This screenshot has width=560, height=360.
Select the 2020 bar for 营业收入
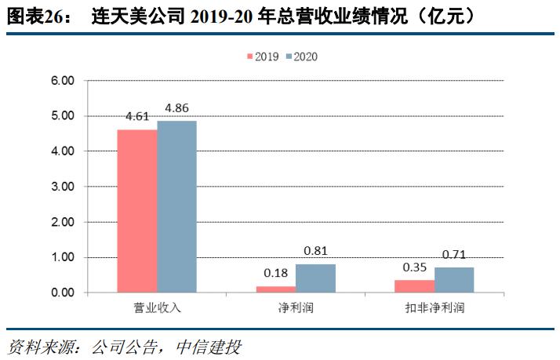tap(176, 206)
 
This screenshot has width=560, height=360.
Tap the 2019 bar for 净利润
tap(276, 289)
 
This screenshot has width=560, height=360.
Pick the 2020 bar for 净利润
tap(315, 278)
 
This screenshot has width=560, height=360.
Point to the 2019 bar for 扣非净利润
tap(414, 286)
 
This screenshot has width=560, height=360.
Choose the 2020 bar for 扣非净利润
tap(453, 280)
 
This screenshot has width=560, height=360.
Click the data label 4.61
tap(137, 116)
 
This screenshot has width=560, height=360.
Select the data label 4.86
tap(176, 107)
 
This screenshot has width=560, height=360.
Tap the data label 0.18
tap(276, 273)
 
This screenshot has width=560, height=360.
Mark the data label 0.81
tap(315, 251)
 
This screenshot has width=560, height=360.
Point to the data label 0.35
tap(414, 267)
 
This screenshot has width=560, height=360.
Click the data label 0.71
tap(453, 254)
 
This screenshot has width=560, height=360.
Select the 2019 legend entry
tap(264, 56)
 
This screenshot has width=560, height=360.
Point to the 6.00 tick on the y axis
tap(63, 80)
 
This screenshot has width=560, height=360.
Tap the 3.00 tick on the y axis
tap(63, 187)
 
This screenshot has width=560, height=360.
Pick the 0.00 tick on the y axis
tap(63, 293)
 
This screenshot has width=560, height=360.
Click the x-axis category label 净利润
tap(296, 308)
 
